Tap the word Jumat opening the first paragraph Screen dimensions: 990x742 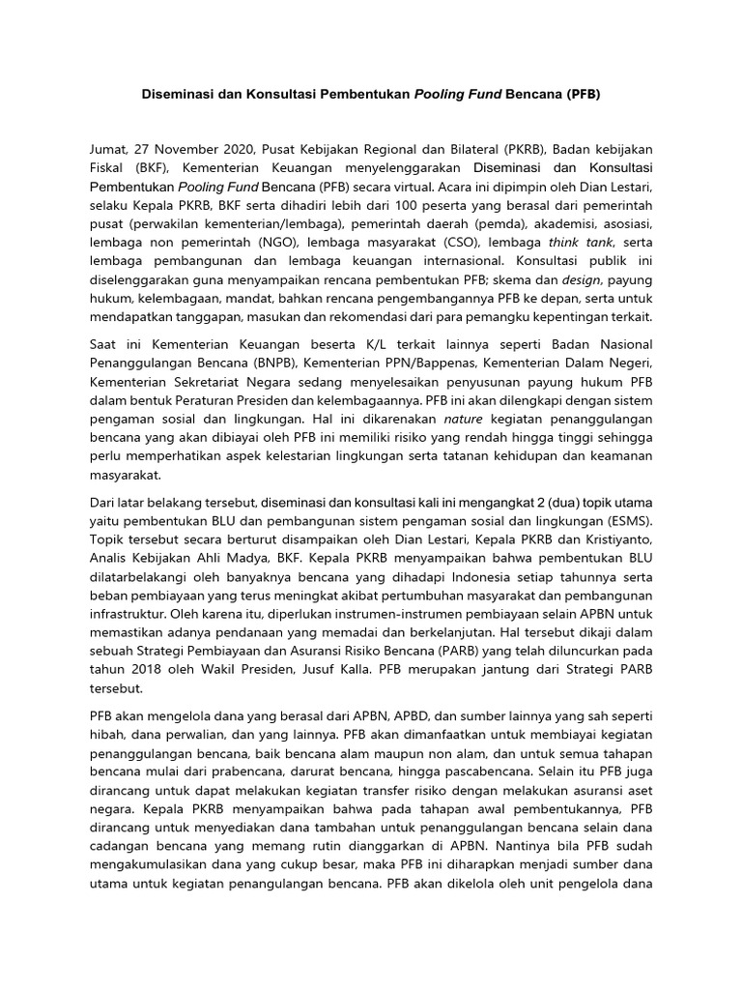click(x=106, y=150)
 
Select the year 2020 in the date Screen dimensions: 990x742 click(x=239, y=150)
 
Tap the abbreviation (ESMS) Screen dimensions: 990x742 click(x=625, y=523)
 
